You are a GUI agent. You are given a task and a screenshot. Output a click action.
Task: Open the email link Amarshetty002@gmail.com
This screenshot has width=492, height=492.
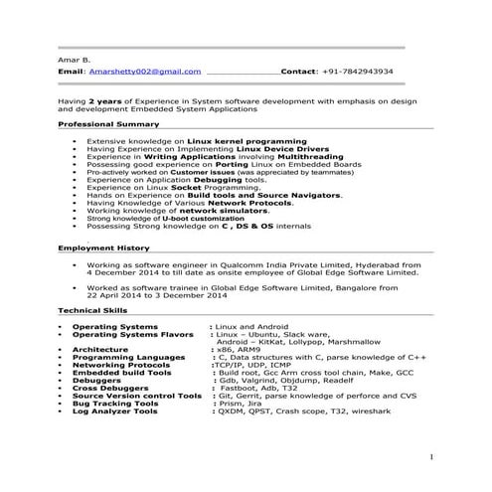pos(143,73)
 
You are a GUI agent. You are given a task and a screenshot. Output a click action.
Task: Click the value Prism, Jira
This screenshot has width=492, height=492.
pos(239,404)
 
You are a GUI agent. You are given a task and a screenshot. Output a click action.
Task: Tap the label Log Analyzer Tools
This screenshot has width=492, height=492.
pos(115,411)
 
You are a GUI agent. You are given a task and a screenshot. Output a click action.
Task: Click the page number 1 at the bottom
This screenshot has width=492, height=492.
pos(432,456)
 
